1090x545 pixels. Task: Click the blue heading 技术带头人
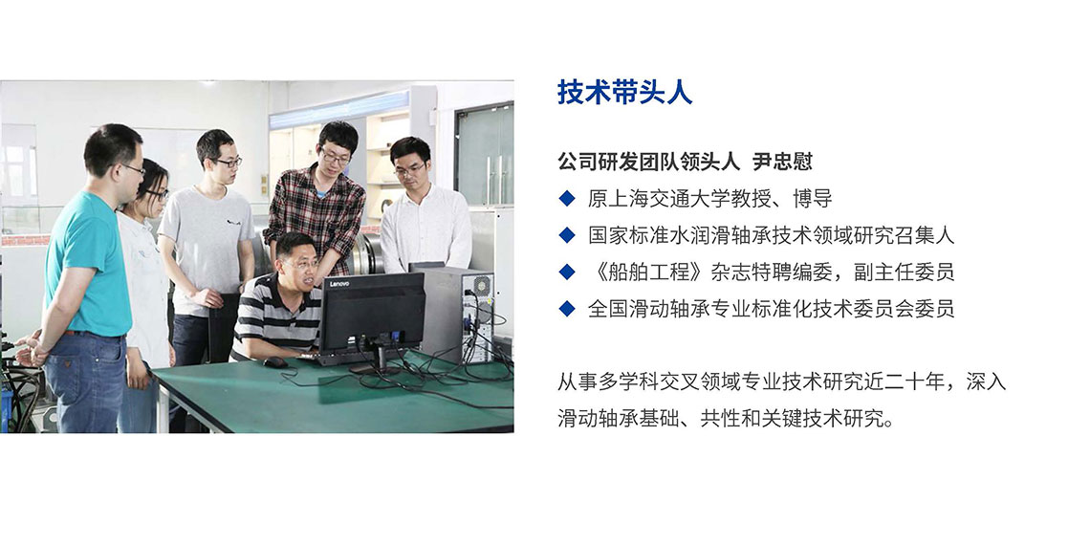click(x=624, y=93)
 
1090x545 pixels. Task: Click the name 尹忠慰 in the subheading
click(x=782, y=162)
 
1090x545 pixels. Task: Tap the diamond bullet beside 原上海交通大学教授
click(x=567, y=199)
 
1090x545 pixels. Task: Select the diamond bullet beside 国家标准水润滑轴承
click(x=567, y=235)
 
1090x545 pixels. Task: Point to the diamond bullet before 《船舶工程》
click(x=567, y=272)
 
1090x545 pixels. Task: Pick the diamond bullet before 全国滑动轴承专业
click(x=567, y=308)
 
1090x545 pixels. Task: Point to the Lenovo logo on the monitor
click(x=338, y=284)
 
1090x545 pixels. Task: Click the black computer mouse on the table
click(x=274, y=362)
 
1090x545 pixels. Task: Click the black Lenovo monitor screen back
click(x=372, y=312)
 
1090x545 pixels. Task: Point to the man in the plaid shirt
click(x=316, y=202)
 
